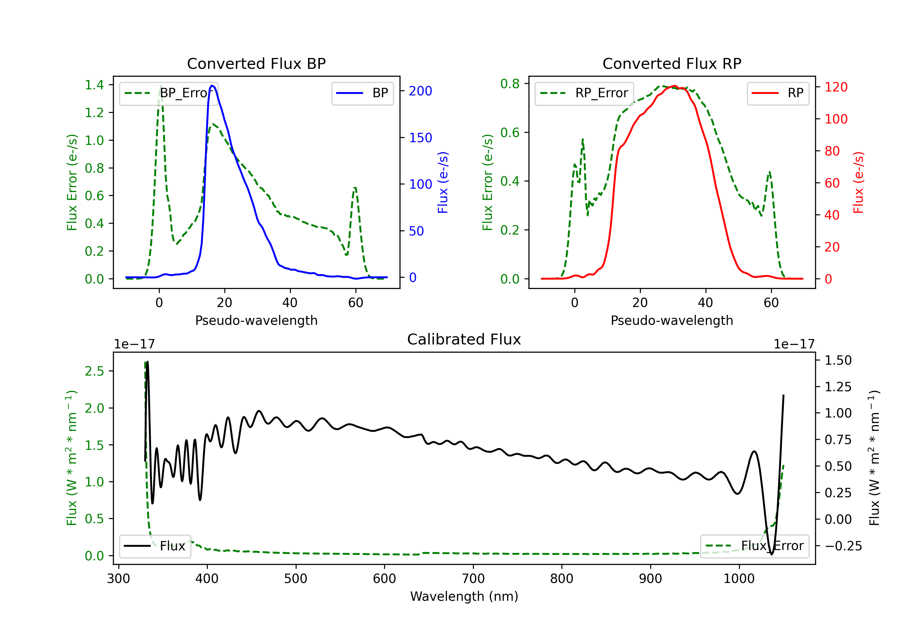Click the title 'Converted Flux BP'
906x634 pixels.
tap(256, 63)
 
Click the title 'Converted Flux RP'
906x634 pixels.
tap(672, 63)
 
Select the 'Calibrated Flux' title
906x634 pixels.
tap(464, 339)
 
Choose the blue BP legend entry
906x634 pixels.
tap(362, 93)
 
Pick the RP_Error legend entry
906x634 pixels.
tap(584, 93)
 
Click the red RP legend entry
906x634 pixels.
tap(778, 93)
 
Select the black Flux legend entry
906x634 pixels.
tap(155, 546)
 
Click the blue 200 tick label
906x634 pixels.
tap(420, 91)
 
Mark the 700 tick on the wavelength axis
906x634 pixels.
tap(473, 578)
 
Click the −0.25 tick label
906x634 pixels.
tap(843, 546)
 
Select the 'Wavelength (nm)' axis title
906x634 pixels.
tap(464, 596)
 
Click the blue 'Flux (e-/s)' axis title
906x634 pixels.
tap(443, 182)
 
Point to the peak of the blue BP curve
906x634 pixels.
tap(212, 86)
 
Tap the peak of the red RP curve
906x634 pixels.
tap(674, 86)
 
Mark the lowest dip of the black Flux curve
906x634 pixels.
tap(771, 554)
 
